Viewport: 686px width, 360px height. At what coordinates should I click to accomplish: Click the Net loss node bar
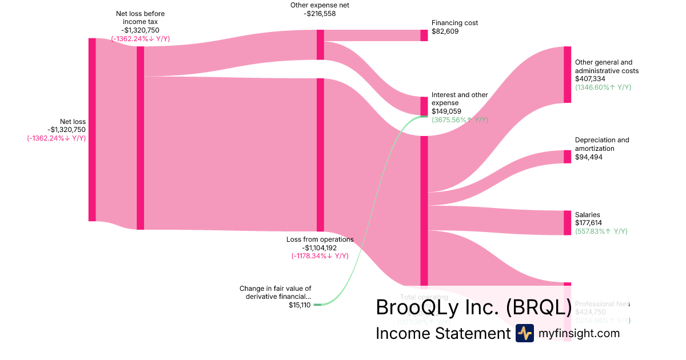pyautogui.click(x=92, y=129)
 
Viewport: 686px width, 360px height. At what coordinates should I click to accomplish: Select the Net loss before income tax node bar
pyautogui.click(x=140, y=138)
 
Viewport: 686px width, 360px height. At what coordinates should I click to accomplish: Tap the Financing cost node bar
pyautogui.click(x=424, y=35)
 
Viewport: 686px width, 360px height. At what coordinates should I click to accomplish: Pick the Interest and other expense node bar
pyautogui.click(x=424, y=106)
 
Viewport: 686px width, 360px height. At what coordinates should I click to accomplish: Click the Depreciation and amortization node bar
pyautogui.click(x=567, y=157)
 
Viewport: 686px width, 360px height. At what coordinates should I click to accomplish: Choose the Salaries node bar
pyautogui.click(x=567, y=222)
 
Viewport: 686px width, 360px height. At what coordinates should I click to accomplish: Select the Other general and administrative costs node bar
pyautogui.click(x=567, y=74)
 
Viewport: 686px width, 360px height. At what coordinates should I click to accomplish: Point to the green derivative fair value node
pyautogui.click(x=318, y=305)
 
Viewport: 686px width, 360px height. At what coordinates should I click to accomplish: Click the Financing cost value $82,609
pyautogui.click(x=445, y=31)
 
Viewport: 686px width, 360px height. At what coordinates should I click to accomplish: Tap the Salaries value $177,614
pyautogui.click(x=588, y=223)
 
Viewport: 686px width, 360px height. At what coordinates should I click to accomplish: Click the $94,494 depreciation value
pyautogui.click(x=588, y=157)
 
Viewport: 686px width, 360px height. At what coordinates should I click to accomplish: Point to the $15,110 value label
pyautogui.click(x=300, y=305)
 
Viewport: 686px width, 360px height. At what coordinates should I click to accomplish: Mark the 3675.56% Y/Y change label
pyautogui.click(x=460, y=120)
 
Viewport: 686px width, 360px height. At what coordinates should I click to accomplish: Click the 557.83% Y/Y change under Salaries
pyautogui.click(x=601, y=231)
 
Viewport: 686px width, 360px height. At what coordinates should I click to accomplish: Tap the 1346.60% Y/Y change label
pyautogui.click(x=603, y=87)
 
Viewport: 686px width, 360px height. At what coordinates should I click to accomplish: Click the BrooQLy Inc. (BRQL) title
pyautogui.click(x=473, y=307)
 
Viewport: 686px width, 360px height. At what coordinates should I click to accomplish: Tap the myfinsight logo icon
pyautogui.click(x=524, y=333)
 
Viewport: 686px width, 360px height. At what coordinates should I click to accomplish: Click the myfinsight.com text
pyautogui.click(x=579, y=333)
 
